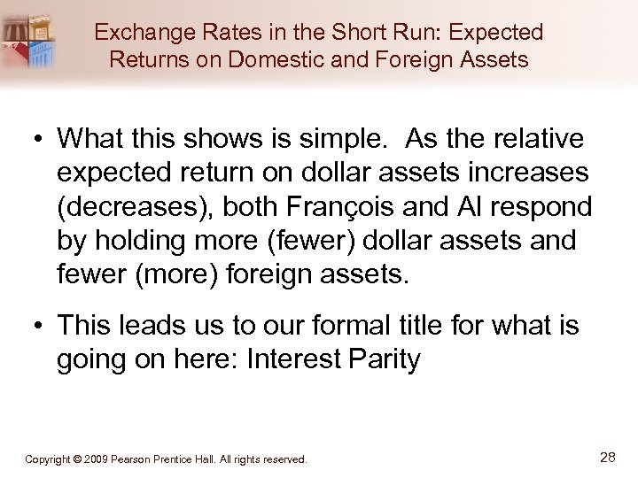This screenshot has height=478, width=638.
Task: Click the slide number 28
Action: [608, 457]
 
